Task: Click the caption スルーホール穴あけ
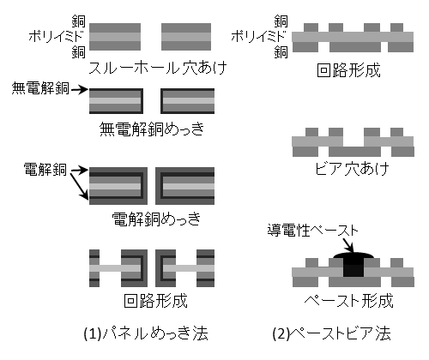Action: click(158, 68)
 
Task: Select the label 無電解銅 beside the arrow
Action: click(40, 88)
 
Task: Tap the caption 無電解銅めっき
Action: click(152, 129)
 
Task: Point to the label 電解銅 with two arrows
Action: click(45, 169)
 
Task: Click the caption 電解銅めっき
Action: click(156, 219)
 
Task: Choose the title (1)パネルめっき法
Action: click(146, 333)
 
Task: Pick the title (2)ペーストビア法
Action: click(332, 333)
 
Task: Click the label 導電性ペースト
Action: click(313, 230)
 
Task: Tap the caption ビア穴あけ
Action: click(352, 169)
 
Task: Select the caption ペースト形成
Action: click(348, 301)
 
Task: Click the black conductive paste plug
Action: click(353, 265)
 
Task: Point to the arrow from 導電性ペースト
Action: click(348, 245)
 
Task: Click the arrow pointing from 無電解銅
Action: click(80, 90)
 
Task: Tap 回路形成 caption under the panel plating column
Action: click(156, 301)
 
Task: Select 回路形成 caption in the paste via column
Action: click(349, 70)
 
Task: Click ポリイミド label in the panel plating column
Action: click(57, 37)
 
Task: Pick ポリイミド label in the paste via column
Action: click(259, 37)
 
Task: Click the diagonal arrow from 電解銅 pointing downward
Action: click(80, 186)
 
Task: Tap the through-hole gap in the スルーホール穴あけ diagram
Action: click(151, 37)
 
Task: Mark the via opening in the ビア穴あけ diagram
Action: click(353, 141)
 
